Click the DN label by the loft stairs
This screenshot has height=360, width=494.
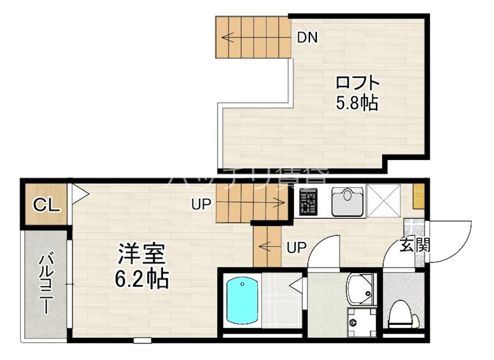307,37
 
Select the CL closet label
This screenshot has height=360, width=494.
46,204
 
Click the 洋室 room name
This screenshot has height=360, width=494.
141,254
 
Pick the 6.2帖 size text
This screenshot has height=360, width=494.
141,278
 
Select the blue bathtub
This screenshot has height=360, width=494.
242,301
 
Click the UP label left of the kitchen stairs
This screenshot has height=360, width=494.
201,204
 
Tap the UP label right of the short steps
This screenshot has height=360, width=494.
296,248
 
